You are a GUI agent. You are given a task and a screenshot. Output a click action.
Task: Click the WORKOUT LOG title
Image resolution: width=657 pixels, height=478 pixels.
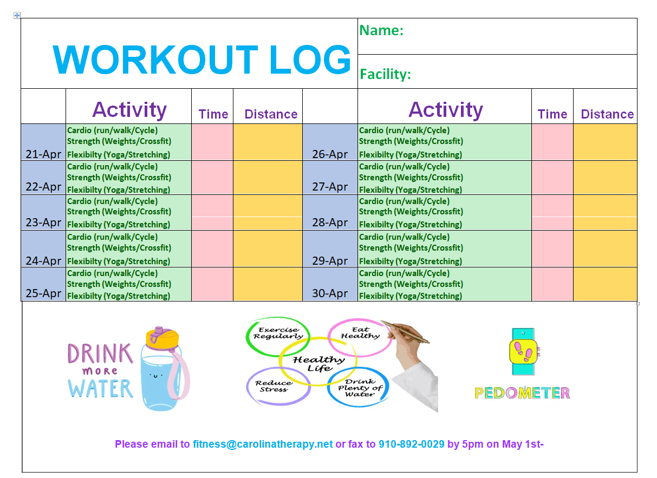tap(202, 60)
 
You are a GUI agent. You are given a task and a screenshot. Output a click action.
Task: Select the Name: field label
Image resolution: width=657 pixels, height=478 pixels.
tap(381, 30)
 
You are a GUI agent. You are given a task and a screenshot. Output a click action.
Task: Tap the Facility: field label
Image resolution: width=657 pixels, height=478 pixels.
tap(385, 74)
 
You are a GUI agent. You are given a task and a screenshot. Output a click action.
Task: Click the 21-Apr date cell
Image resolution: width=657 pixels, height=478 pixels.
tap(43, 142)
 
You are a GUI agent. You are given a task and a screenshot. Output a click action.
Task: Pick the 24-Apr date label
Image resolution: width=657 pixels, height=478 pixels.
tap(43, 261)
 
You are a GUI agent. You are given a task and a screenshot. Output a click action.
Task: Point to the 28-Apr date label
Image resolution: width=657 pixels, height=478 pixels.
tap(330, 222)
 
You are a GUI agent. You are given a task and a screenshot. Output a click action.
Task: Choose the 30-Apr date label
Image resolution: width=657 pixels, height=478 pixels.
tap(330, 293)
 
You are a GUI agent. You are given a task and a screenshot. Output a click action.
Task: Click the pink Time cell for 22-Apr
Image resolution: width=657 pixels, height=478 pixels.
tap(212, 178)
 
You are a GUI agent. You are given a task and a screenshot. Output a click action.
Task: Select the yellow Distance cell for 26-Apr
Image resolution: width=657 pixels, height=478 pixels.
tap(605, 142)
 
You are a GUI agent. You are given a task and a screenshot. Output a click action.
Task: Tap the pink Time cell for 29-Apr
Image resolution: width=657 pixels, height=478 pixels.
tap(552, 249)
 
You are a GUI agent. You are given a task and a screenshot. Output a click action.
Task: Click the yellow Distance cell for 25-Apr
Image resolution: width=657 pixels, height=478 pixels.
tap(268, 284)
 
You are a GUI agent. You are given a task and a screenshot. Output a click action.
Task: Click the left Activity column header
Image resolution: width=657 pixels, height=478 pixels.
tap(129, 109)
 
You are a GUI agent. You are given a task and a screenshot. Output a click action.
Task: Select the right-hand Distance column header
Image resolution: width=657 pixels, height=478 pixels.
tap(607, 114)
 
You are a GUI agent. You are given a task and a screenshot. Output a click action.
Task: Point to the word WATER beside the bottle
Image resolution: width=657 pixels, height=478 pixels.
tap(100, 389)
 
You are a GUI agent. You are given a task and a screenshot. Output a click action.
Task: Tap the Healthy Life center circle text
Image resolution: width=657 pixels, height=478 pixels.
tap(319, 364)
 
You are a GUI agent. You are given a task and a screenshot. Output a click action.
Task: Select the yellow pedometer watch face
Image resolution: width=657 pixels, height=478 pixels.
tap(523, 351)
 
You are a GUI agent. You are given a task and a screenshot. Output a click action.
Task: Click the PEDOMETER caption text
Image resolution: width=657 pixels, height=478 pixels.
tap(522, 393)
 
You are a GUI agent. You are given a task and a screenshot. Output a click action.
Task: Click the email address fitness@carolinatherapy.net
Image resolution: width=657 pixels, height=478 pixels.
tap(263, 444)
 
